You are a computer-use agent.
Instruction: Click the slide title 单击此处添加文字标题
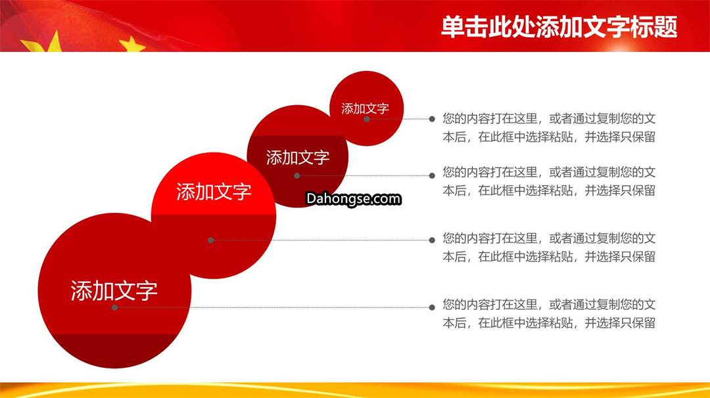tap(559, 27)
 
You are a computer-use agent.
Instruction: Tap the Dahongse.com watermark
tap(354, 198)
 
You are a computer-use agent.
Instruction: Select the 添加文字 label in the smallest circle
tap(365, 108)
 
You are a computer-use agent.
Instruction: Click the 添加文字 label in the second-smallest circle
tap(298, 158)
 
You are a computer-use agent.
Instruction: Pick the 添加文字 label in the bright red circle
tap(214, 192)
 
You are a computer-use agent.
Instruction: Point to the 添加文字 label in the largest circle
tap(114, 290)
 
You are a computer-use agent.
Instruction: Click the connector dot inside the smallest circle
tap(367, 119)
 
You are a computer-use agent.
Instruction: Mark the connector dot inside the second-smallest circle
tap(297, 175)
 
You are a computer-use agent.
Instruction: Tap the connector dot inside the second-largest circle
tap(210, 240)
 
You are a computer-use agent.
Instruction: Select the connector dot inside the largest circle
tap(114, 307)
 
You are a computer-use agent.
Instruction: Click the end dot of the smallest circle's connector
tap(432, 119)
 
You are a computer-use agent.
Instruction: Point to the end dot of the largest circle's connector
tap(432, 307)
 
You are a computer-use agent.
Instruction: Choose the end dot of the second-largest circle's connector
tap(432, 240)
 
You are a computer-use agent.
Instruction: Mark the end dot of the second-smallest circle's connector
tap(432, 175)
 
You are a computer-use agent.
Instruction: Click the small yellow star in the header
tap(131, 45)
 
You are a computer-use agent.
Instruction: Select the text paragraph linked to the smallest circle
tap(549, 127)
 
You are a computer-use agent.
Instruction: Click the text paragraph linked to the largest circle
tap(549, 313)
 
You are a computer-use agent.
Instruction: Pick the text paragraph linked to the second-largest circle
tap(549, 248)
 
